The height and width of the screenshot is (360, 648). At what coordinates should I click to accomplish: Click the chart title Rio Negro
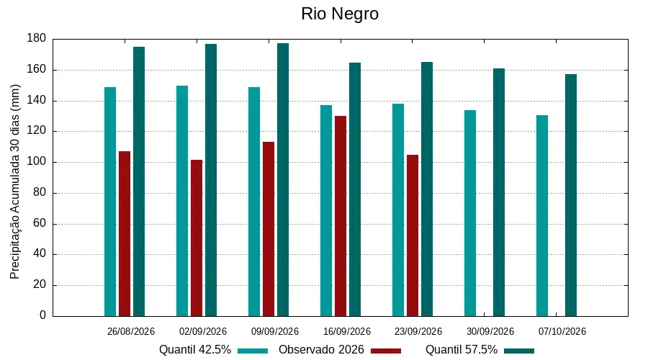340,14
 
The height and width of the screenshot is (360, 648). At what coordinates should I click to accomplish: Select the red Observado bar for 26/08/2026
125,233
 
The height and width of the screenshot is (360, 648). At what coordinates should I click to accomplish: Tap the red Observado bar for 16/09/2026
341,216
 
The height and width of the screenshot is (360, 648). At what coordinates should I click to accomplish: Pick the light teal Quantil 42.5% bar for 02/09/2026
182,201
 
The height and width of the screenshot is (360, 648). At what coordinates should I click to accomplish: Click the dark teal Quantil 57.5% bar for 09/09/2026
283,180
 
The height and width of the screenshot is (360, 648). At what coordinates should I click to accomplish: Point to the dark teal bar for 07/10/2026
571,195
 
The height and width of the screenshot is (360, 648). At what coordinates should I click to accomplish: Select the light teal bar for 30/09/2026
470,213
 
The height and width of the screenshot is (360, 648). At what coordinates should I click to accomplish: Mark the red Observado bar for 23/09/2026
413,235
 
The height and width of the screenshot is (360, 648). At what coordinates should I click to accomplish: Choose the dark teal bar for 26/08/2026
139,181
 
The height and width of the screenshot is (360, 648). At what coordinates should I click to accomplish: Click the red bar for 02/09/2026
197,238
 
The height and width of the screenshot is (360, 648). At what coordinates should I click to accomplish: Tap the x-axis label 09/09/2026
275,331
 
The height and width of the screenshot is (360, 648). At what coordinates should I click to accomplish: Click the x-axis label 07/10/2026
562,331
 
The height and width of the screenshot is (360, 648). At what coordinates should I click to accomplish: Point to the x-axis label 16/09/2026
347,331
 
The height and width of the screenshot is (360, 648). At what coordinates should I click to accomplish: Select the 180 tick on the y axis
37,38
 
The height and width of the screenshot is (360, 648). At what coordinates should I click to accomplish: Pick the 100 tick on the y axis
37,161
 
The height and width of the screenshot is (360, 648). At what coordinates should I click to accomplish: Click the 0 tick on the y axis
43,315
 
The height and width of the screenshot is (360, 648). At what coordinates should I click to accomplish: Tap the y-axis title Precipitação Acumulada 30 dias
15,182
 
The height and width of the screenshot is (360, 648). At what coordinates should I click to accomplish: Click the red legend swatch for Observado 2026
386,351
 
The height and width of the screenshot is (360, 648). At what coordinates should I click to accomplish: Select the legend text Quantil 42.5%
195,350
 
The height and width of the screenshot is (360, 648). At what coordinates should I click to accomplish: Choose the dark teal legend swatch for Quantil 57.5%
519,351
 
